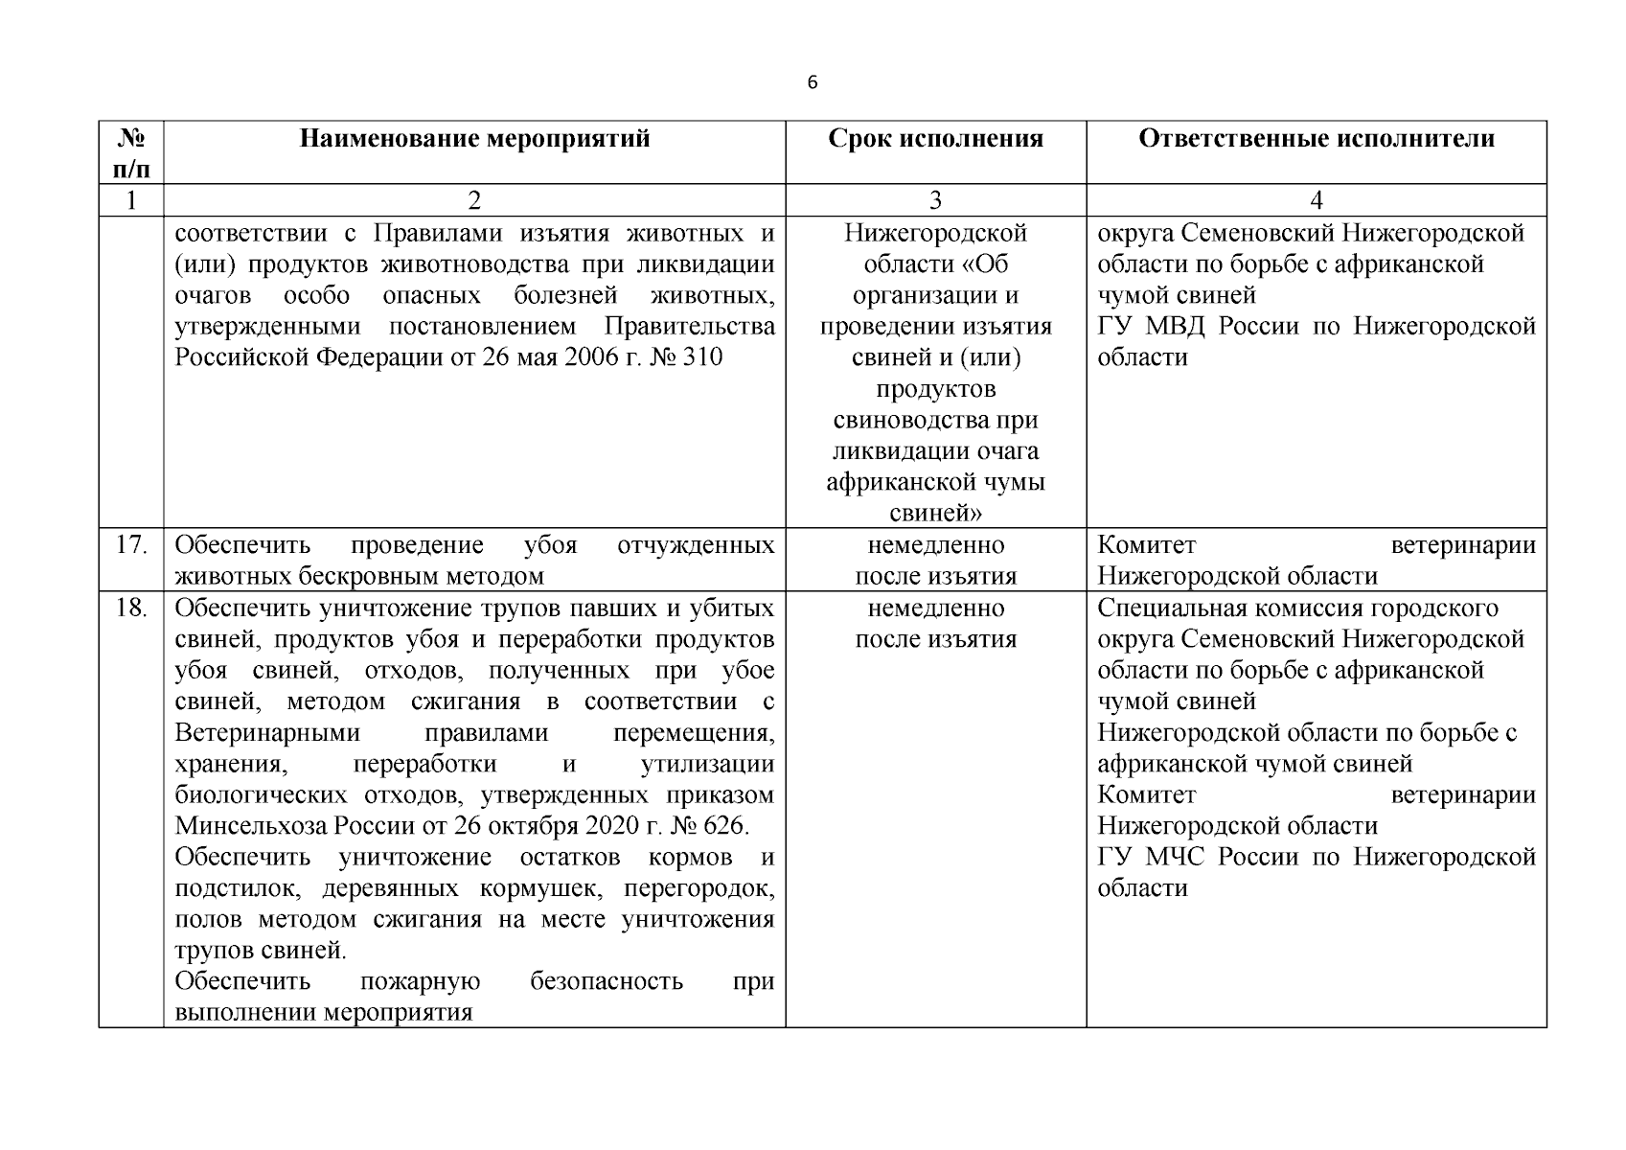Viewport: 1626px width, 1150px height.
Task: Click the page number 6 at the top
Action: tap(813, 83)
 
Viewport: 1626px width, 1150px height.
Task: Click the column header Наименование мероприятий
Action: tap(474, 139)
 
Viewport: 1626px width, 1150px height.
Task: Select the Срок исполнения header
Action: tap(935, 139)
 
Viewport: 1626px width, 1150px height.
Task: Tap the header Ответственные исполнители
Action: tap(1316, 139)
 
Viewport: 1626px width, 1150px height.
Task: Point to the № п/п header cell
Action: tap(130, 153)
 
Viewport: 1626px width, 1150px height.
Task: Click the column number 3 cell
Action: tap(935, 200)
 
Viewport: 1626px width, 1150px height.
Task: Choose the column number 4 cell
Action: tap(1316, 200)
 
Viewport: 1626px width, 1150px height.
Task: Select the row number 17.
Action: tap(130, 546)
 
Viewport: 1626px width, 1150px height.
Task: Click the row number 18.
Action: tap(130, 609)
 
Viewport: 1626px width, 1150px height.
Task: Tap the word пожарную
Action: tap(420, 982)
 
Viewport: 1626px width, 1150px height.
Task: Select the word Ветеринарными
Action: tap(268, 733)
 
